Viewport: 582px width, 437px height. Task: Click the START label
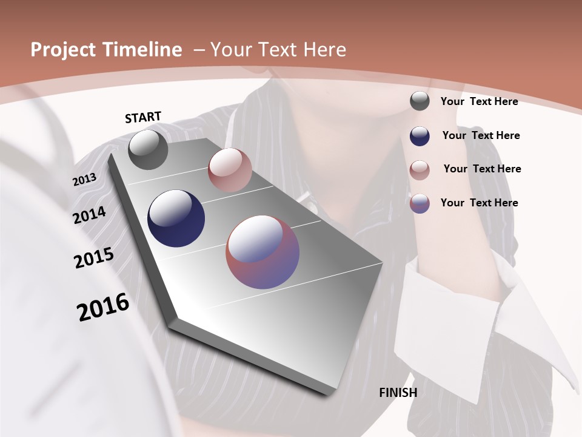coord(143,117)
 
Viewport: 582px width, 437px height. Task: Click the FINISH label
coord(398,393)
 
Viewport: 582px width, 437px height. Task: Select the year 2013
coord(85,180)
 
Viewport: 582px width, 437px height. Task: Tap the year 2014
coord(90,215)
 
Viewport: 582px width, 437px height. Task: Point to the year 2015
coord(94,258)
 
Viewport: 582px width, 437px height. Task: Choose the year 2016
coord(103,307)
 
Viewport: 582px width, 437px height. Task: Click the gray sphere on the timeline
coord(149,149)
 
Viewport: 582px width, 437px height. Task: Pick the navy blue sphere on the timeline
coord(176,218)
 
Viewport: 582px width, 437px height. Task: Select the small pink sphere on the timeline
coord(230,170)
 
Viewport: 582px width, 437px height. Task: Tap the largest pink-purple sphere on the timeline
coord(263,252)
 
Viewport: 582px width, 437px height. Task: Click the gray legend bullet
coord(420,101)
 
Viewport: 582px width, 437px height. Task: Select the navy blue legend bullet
coord(420,136)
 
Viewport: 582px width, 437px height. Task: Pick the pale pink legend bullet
coord(420,170)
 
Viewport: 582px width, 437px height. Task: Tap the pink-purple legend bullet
coord(420,203)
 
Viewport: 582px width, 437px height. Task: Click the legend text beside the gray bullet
coord(479,101)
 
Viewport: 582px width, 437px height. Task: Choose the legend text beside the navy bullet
coord(481,135)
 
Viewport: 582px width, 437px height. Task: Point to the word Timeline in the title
coord(144,50)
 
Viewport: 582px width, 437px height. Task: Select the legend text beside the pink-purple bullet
coord(479,203)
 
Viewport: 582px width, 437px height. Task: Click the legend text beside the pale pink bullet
coord(482,169)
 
